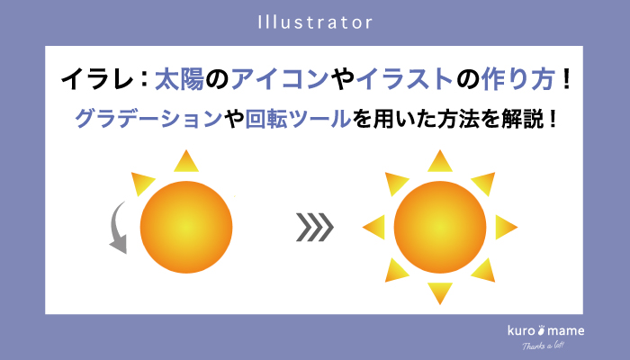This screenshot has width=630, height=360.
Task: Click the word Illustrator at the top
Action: click(315, 21)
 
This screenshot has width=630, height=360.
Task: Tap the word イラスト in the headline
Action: click(398, 79)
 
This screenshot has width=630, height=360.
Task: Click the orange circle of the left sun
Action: click(187, 226)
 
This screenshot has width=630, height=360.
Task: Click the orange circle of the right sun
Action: click(440, 227)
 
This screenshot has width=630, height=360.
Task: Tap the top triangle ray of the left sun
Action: click(186, 163)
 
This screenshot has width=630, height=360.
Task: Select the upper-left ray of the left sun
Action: click(143, 183)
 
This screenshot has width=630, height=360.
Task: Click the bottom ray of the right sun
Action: click(440, 292)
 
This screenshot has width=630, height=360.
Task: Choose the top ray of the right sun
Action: click(440, 162)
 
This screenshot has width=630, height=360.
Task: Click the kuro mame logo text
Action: click(545, 330)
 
